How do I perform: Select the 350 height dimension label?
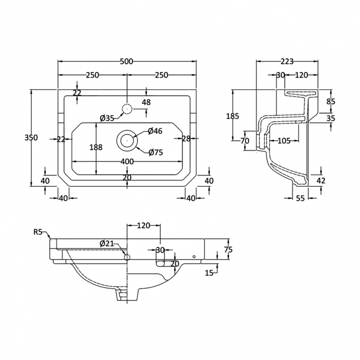click(32, 138)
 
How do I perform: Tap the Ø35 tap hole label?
click(107, 117)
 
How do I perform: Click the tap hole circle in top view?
click(127, 107)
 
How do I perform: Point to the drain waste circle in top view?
click(127, 141)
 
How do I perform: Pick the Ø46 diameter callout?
click(155, 131)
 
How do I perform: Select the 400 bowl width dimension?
click(127, 161)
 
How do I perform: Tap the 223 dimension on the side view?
click(286, 61)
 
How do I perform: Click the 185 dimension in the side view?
click(233, 116)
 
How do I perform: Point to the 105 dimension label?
click(284, 141)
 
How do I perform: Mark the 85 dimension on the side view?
click(331, 101)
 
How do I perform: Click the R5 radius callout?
click(38, 232)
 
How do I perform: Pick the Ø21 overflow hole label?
click(107, 244)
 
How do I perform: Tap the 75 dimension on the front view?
click(228, 250)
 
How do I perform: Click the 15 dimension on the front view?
click(209, 272)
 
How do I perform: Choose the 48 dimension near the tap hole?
click(146, 102)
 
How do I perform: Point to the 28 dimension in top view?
click(186, 138)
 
